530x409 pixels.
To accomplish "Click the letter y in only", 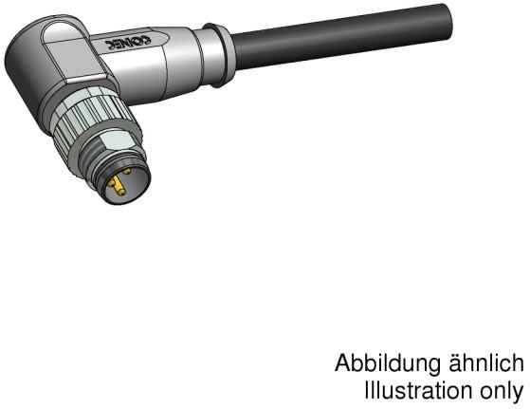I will point(520,393).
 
